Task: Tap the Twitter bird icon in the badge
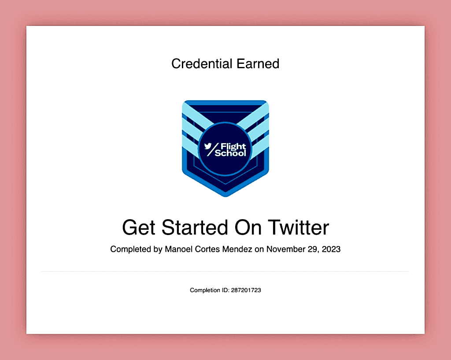(208, 146)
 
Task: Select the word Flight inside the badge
(233, 147)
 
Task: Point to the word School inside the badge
(230, 154)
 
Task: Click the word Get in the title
(139, 228)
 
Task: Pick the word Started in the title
(195, 228)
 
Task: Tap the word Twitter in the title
(299, 228)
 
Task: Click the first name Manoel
(179, 249)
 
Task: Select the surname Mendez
(237, 249)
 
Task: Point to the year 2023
(331, 249)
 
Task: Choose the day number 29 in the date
(313, 249)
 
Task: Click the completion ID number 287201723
(246, 290)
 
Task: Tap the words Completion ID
(209, 290)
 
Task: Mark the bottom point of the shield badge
(225, 197)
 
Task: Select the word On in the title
(248, 228)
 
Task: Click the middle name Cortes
(207, 249)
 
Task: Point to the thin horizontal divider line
(225, 271)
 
